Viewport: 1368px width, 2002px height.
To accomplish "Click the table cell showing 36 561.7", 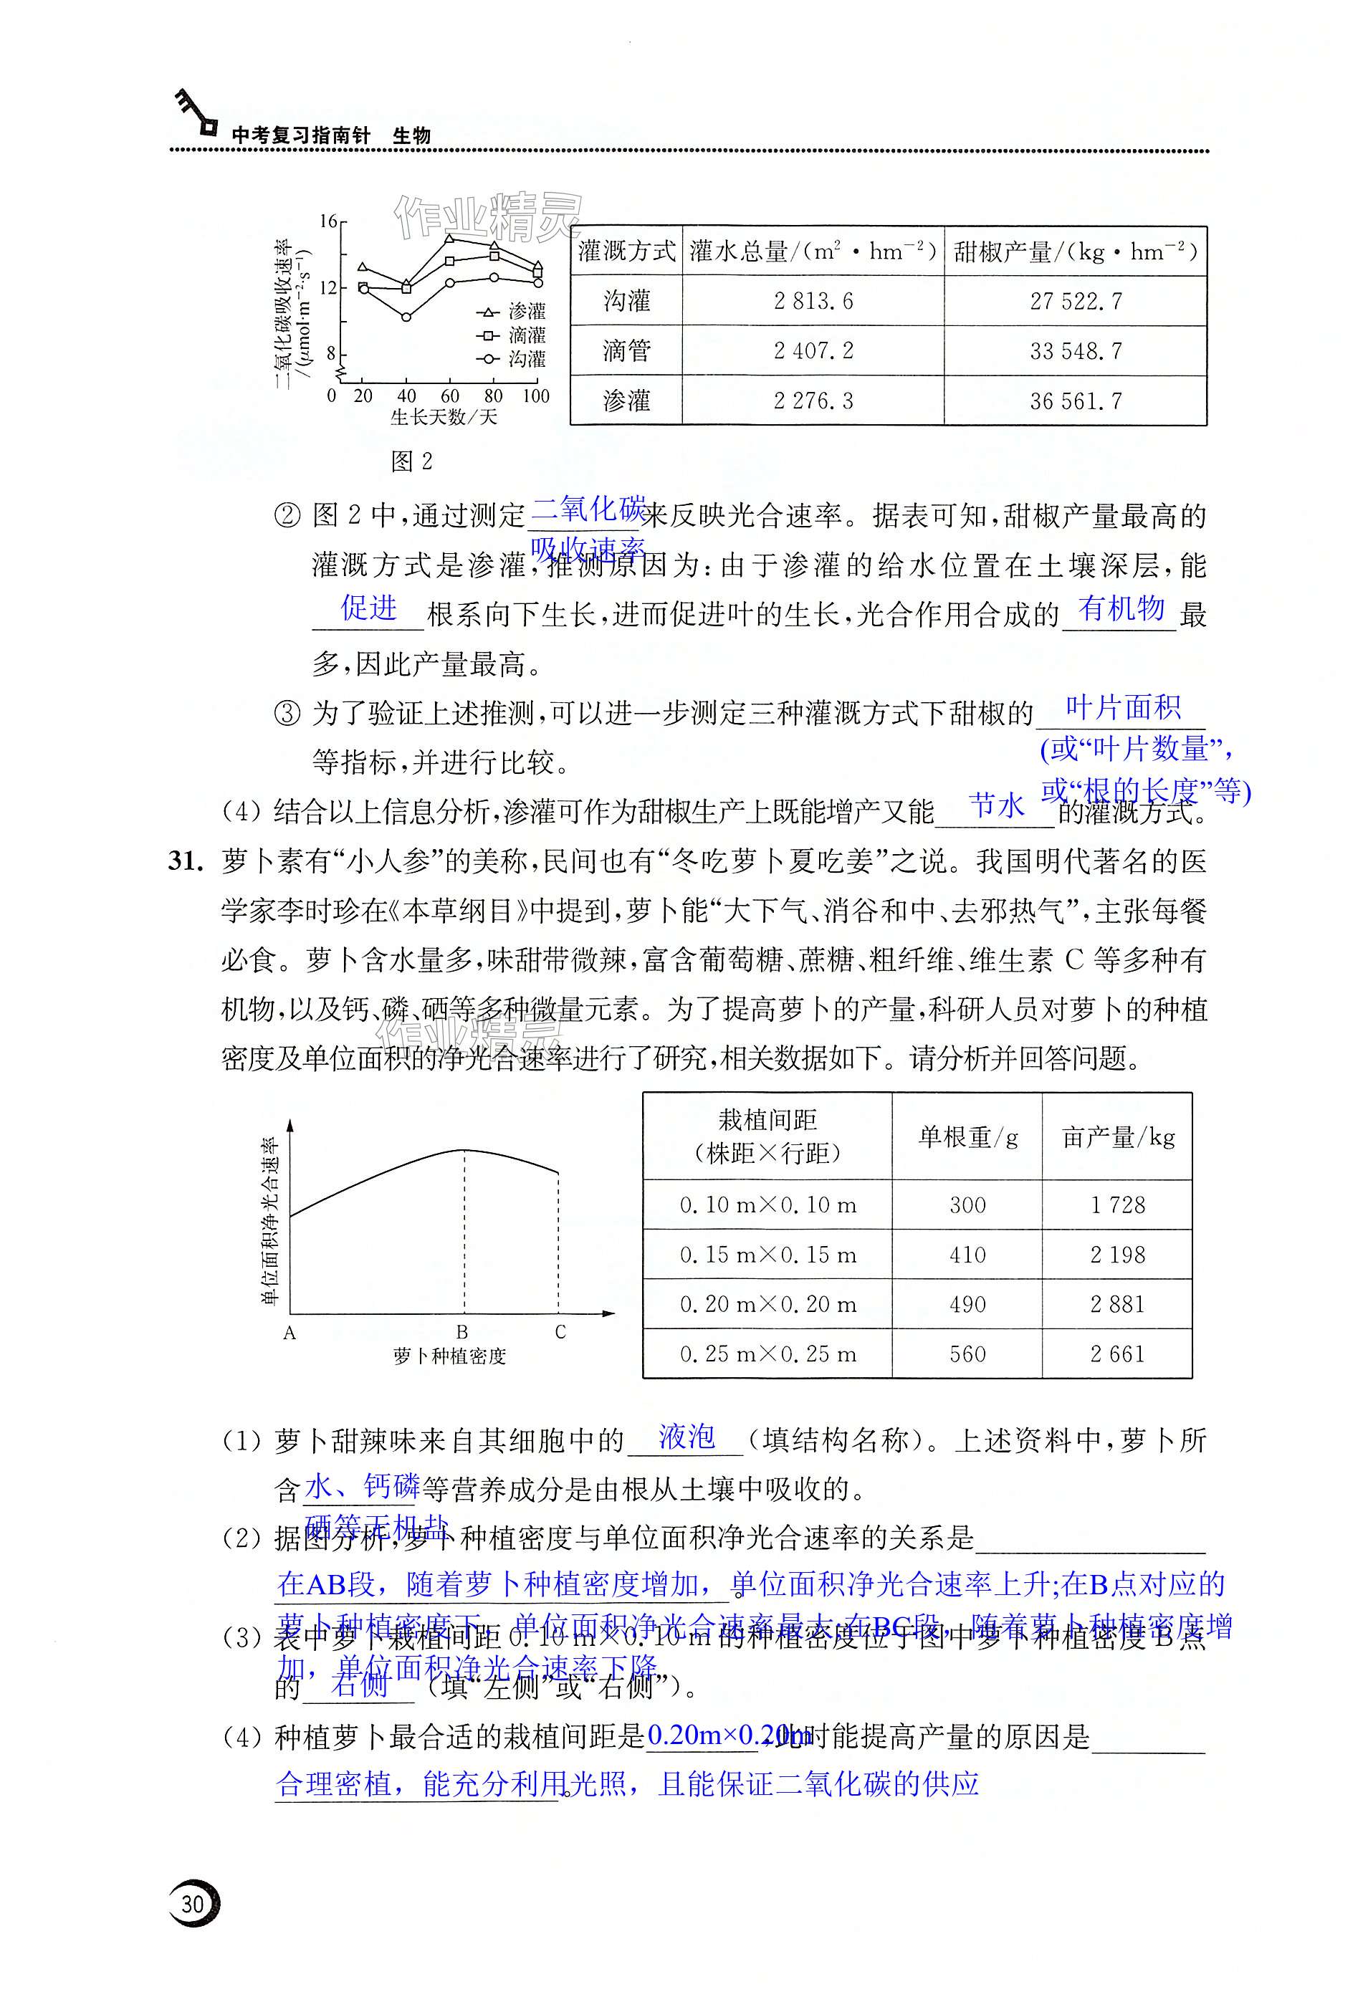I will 1076,401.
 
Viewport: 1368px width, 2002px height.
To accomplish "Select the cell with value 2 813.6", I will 813,301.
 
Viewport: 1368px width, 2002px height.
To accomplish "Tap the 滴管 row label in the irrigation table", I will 626,350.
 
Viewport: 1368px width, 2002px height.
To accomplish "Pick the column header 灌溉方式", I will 626,252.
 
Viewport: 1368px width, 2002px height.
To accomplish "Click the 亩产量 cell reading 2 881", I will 1117,1304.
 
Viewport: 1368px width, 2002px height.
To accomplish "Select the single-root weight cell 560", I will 967,1354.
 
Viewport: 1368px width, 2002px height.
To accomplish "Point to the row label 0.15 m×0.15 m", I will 767,1255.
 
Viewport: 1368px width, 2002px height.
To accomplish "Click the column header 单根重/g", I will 967,1137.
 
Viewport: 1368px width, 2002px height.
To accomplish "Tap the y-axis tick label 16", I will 328,221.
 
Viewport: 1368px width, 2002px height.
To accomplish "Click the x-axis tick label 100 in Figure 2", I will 536,396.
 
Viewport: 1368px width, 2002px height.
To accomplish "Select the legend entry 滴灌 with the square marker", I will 515,335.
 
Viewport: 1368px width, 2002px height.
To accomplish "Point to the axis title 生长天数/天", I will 444,418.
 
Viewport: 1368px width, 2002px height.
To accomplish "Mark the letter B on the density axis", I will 463,1333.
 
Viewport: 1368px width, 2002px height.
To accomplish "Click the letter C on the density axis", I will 560,1333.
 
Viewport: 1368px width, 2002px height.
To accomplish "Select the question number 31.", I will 186,861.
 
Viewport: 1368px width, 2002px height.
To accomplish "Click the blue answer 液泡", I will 687,1436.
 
